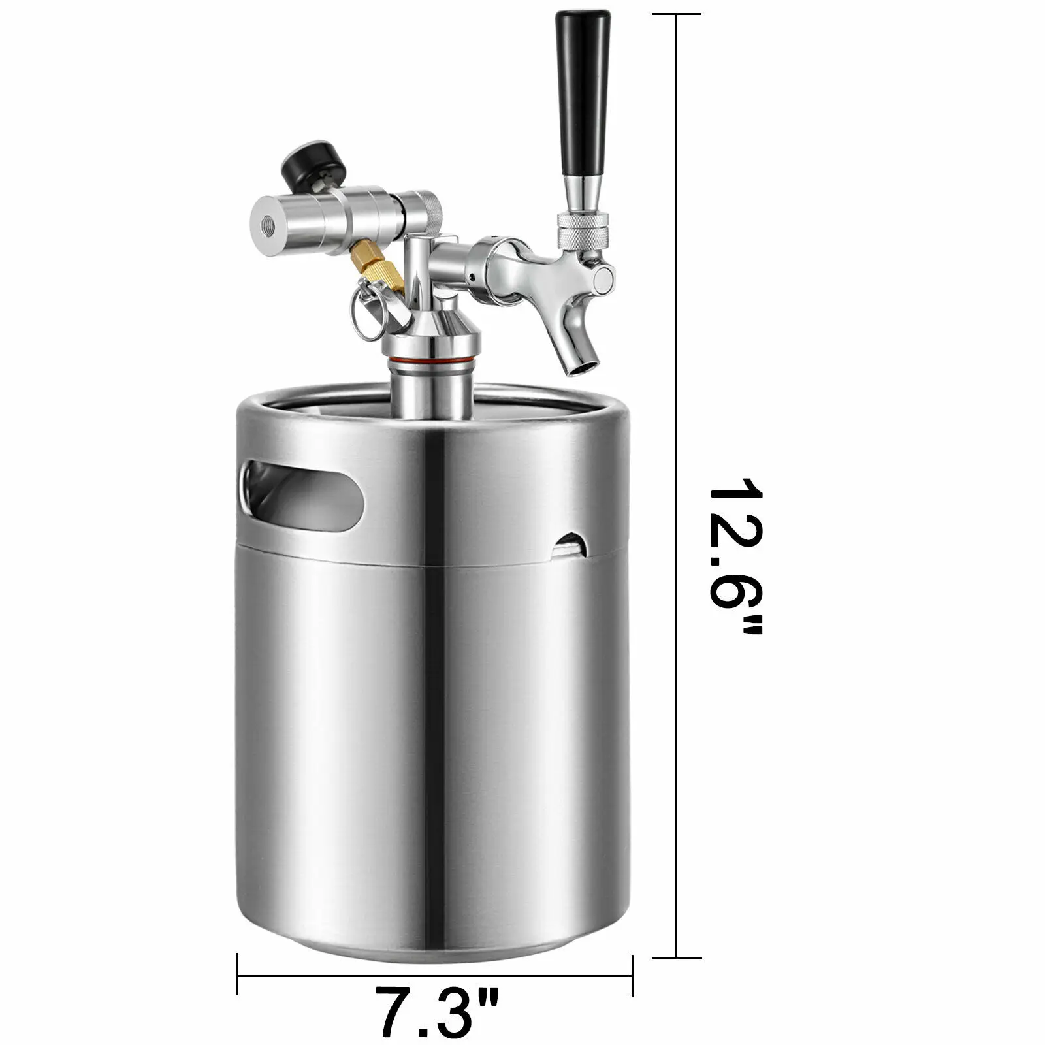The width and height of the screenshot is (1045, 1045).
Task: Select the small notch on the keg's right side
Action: pyautogui.click(x=570, y=545)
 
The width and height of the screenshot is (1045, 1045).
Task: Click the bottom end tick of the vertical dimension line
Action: pyautogui.click(x=677, y=958)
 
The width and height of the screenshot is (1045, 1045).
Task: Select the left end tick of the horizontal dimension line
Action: pyautogui.click(x=237, y=976)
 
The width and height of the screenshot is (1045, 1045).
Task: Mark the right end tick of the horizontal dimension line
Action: pyautogui.click(x=632, y=976)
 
